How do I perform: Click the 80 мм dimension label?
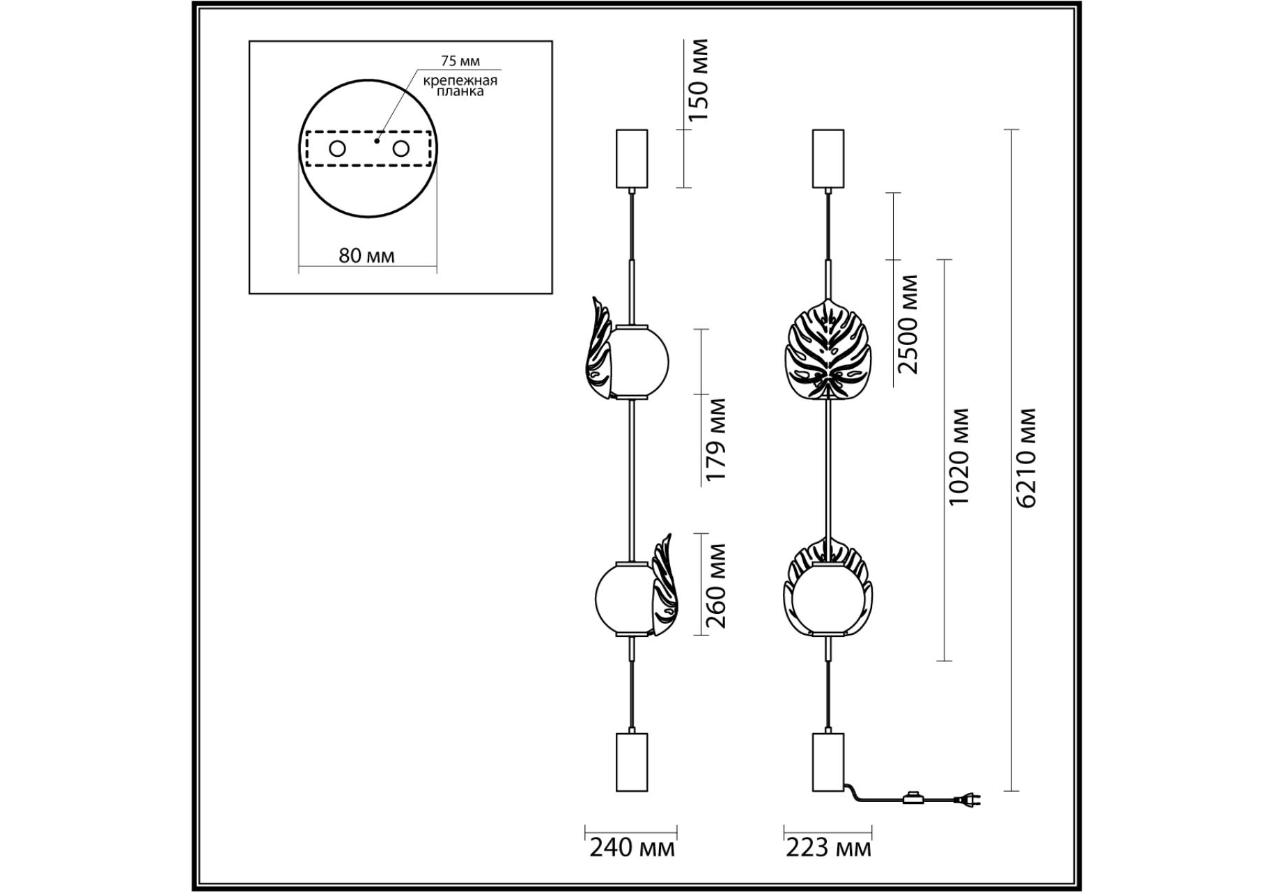pyautogui.click(x=366, y=256)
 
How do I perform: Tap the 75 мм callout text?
pyautogui.click(x=460, y=61)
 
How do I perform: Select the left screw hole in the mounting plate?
pyautogui.click(x=337, y=148)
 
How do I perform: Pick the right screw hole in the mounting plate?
pyautogui.click(x=401, y=148)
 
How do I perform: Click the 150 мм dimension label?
pyautogui.click(x=697, y=80)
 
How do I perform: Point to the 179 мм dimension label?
pyautogui.click(x=715, y=439)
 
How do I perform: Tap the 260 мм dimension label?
pyautogui.click(x=715, y=586)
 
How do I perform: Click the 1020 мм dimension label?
pyautogui.click(x=958, y=457)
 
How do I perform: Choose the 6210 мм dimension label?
pyautogui.click(x=1026, y=457)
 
